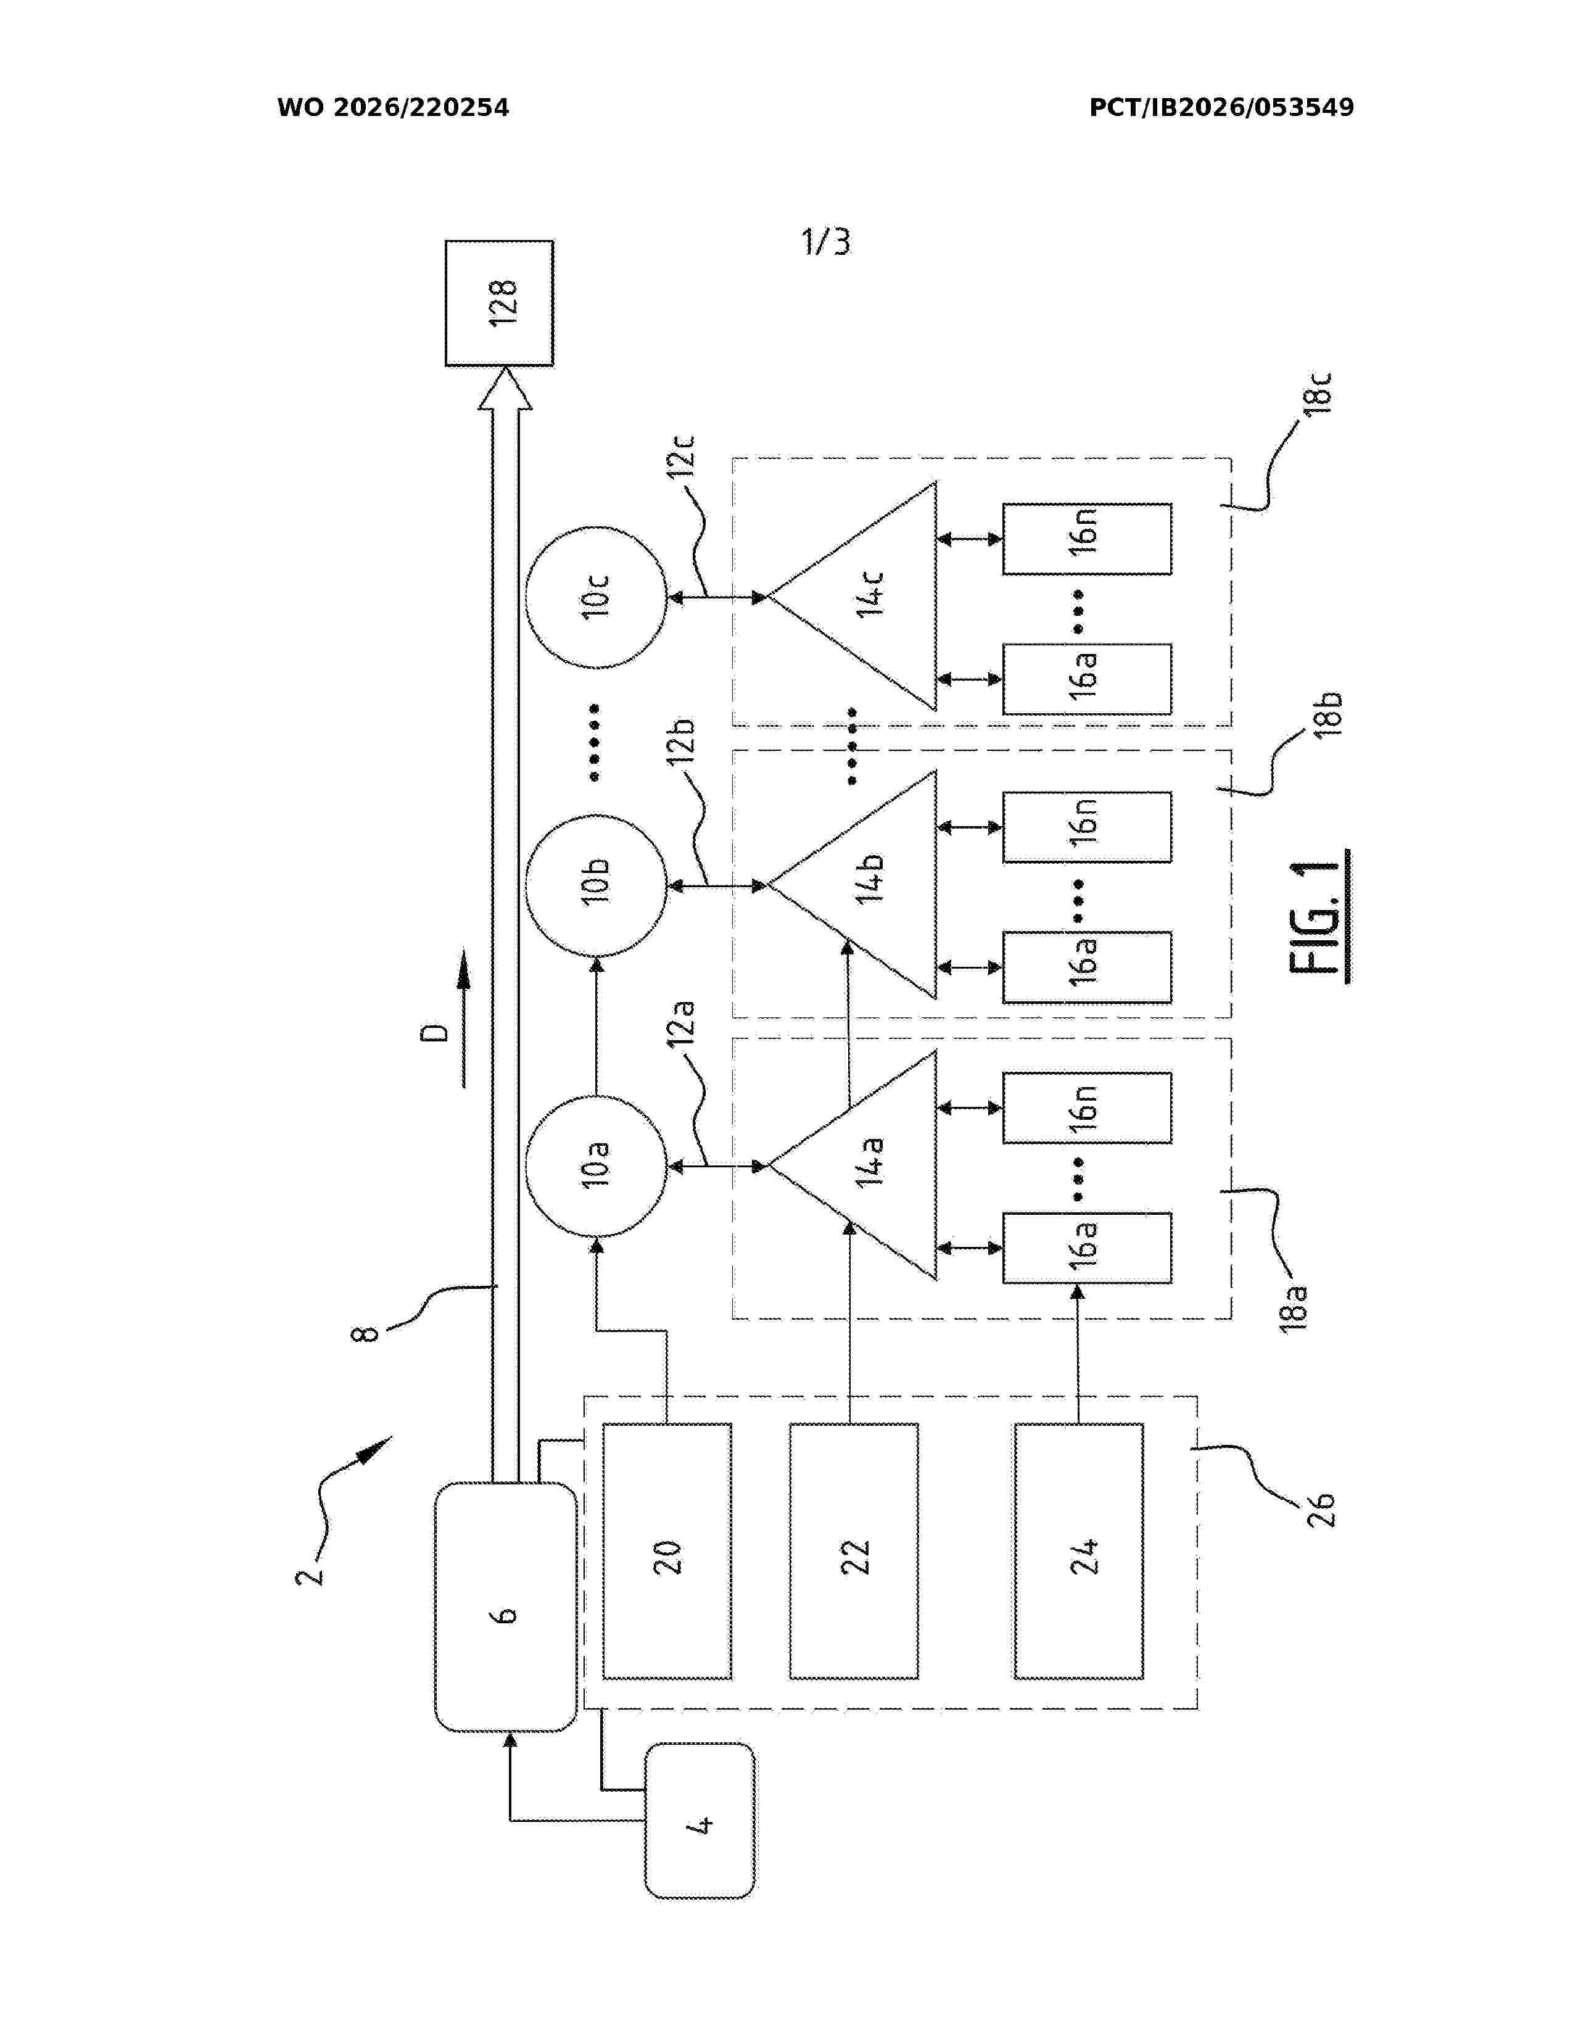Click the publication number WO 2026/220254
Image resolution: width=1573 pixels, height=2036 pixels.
click(394, 108)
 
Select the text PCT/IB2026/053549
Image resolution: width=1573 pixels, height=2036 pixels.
click(1221, 108)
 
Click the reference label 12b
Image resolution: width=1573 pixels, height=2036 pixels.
click(680, 741)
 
